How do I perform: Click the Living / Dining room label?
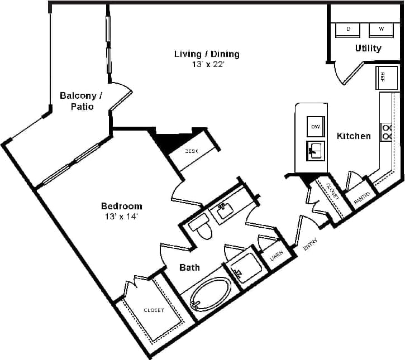[207, 54]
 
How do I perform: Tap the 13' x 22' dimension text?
[207, 64]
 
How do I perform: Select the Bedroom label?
[121, 206]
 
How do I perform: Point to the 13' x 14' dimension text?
[121, 216]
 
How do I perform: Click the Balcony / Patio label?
[77, 101]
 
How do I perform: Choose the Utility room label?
[368, 48]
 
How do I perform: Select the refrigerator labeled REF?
[386, 78]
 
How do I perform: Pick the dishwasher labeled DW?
[316, 127]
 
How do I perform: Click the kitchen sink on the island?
[316, 150]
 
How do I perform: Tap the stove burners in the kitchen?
[387, 132]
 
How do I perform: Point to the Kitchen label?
[354, 136]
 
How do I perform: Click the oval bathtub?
[210, 294]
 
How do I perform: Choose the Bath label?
[189, 268]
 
